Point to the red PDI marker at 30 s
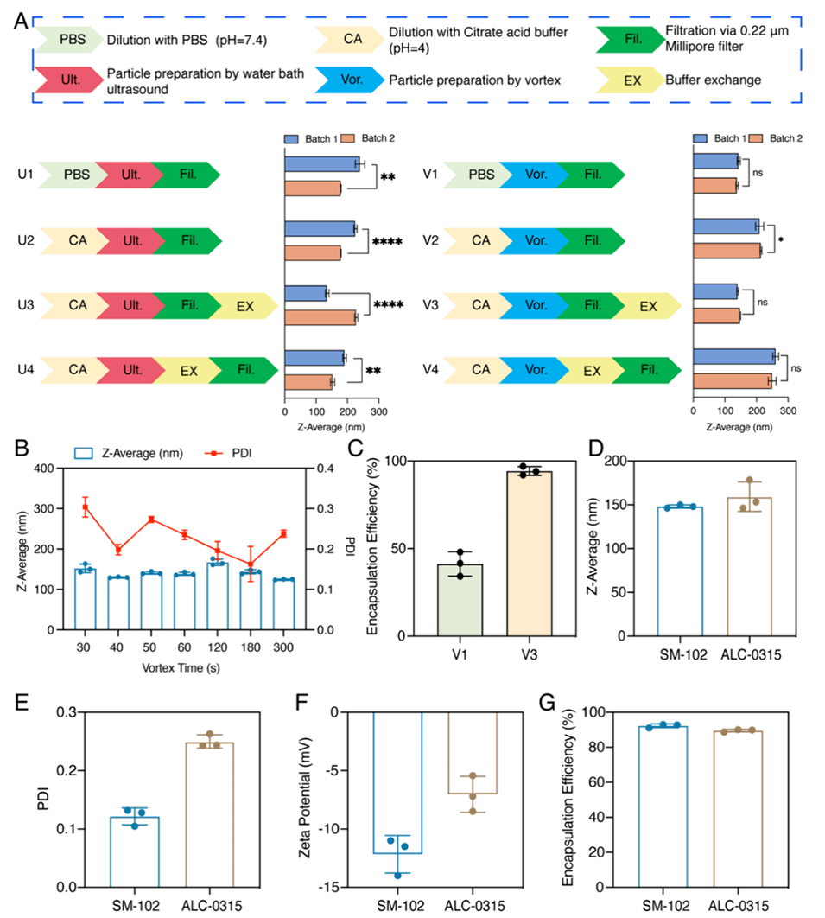pyautogui.click(x=86, y=507)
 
